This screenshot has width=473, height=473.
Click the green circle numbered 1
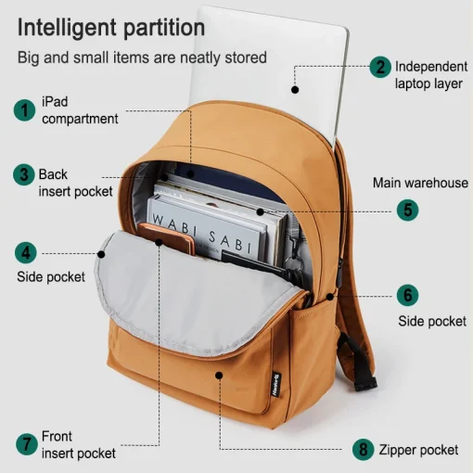coord(24,110)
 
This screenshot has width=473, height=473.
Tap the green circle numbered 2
coord(380,67)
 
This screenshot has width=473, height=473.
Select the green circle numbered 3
coord(24,174)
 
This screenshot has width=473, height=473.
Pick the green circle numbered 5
coord(407,211)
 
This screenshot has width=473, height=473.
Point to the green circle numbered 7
coord(27,444)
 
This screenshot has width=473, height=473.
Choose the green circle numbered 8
coord(364,450)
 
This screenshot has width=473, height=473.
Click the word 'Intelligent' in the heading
coord(68,28)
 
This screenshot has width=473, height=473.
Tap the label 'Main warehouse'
coord(420,183)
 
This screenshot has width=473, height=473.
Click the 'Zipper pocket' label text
coord(418,450)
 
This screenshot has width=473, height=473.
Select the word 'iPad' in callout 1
coord(55,102)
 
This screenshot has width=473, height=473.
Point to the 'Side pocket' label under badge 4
coord(51,276)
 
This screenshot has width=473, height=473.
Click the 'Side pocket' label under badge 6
coord(432,321)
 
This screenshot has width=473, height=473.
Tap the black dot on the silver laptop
coord(295,90)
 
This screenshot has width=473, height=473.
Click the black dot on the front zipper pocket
coord(219,376)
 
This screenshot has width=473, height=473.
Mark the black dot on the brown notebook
coord(159,242)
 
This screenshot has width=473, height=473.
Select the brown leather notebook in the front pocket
coord(167,238)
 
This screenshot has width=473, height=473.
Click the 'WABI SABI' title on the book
coord(202,233)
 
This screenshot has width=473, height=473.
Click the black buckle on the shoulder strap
coord(365,384)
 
